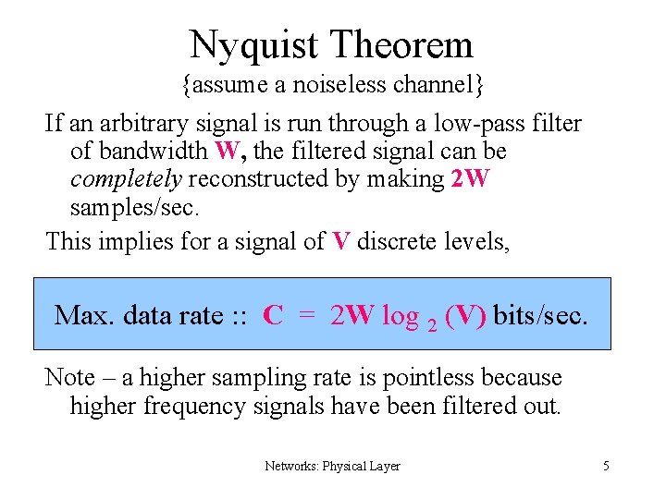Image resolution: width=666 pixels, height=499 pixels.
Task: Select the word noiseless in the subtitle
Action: [x=351, y=87]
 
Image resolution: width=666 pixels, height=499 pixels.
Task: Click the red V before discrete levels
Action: [x=341, y=241]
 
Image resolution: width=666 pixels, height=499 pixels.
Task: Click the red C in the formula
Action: [x=273, y=315]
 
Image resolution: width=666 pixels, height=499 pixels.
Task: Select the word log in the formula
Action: [x=400, y=315]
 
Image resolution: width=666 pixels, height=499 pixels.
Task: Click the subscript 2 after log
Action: [x=431, y=324]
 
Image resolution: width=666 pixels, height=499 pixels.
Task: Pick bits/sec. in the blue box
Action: [x=540, y=315]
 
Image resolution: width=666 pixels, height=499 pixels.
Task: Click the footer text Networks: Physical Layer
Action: [x=332, y=466]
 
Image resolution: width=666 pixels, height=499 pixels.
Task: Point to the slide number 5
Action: [x=606, y=466]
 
